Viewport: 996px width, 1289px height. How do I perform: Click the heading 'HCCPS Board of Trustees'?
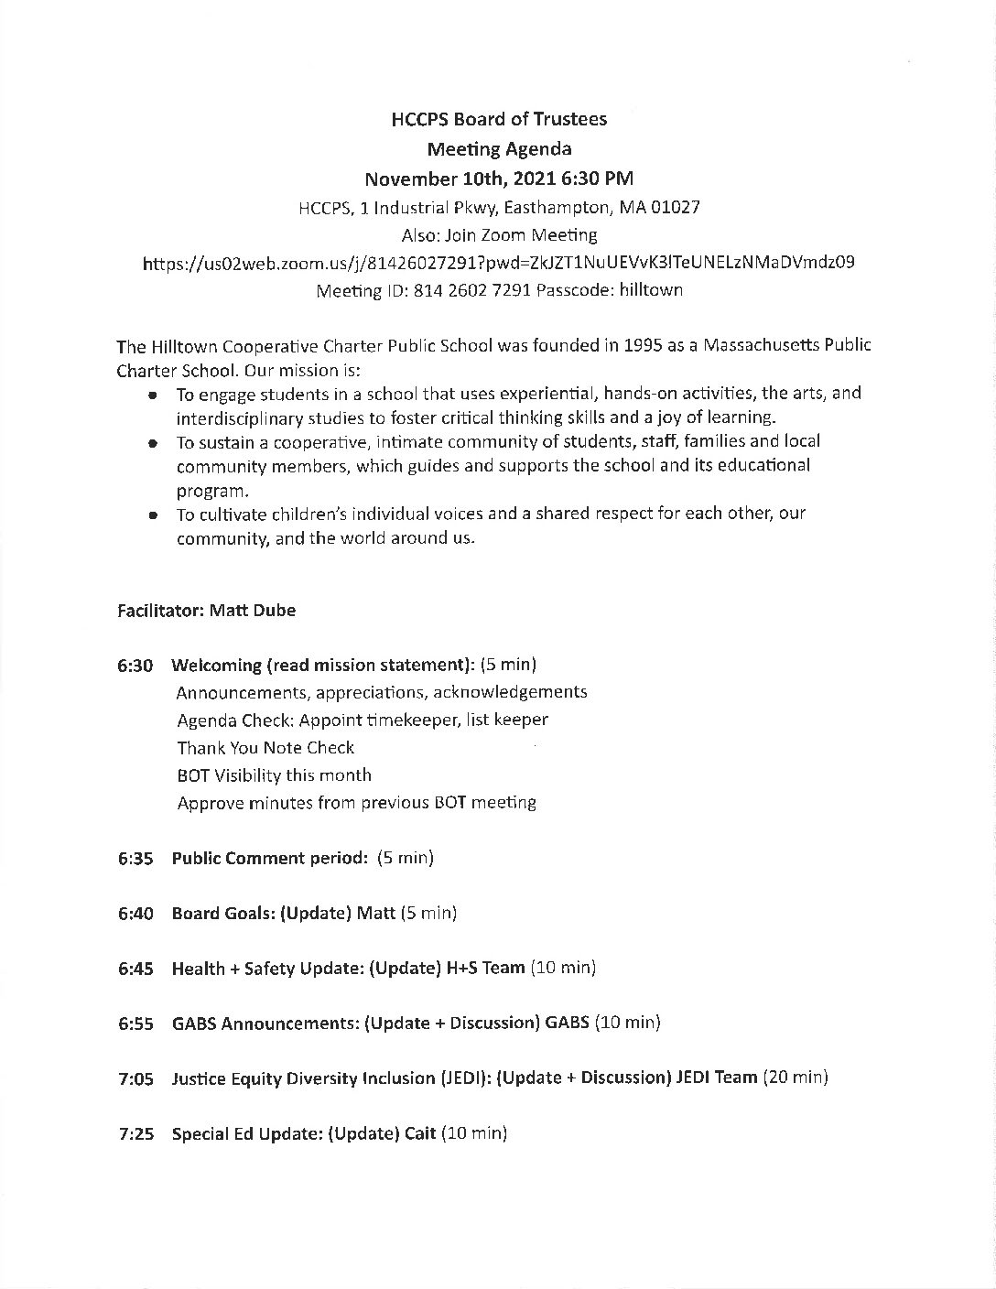pos(499,119)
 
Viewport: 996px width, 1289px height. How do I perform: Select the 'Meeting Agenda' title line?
pos(499,148)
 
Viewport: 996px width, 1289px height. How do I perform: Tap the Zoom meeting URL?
pos(499,263)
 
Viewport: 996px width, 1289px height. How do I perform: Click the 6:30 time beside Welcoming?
pos(135,665)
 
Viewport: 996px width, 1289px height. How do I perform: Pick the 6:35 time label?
pos(135,859)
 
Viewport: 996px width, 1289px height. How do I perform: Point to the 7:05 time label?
pos(135,1078)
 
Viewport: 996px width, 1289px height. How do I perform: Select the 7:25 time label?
pos(135,1134)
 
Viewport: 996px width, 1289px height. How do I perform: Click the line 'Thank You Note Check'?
pos(265,748)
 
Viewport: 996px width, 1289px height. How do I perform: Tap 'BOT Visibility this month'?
pos(274,775)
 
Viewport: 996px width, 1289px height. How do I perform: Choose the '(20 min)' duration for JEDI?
pos(796,1078)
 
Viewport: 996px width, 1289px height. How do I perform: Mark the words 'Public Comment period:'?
pos(270,859)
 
